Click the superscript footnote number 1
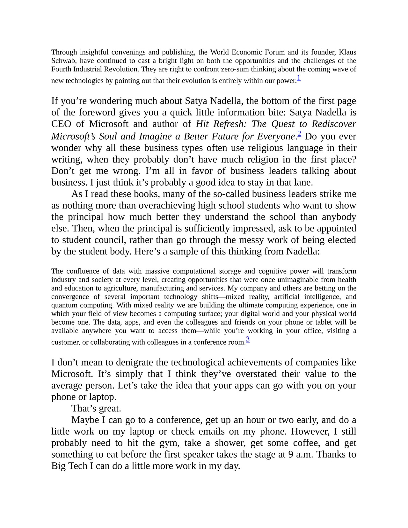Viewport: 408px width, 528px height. (x=299, y=77)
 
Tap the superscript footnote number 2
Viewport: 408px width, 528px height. (x=299, y=134)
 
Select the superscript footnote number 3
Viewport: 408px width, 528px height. (x=248, y=340)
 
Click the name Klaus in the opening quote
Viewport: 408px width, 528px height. (x=347, y=52)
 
